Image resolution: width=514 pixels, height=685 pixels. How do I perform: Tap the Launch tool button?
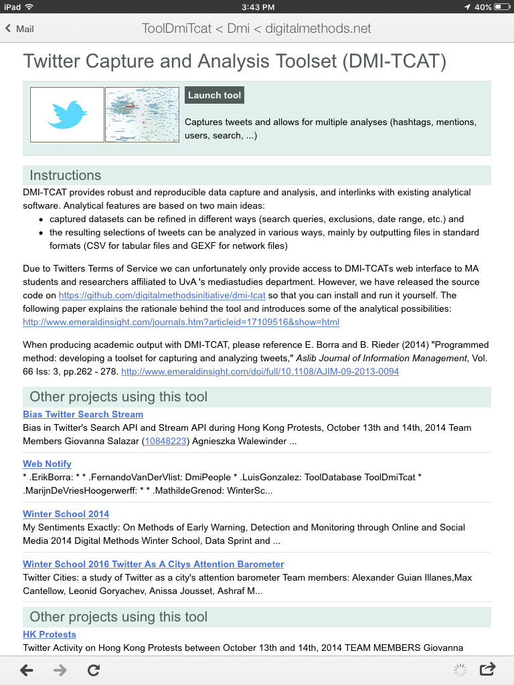coord(214,96)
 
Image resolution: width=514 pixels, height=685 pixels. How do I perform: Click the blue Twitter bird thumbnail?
coord(67,114)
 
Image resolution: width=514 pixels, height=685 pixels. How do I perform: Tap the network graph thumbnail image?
coord(142,114)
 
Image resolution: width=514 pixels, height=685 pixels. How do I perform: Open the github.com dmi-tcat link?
coord(162,295)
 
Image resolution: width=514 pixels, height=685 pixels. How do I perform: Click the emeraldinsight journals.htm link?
coord(181,322)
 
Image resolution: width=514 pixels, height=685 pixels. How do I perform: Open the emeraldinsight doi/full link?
coord(260,371)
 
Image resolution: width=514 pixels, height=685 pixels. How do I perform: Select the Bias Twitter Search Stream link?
coord(83,414)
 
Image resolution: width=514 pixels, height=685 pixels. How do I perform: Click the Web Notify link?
coord(47,464)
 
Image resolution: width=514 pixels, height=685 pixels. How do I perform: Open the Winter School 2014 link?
coord(66,514)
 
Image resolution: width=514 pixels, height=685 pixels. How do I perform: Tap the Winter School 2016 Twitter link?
coord(153,564)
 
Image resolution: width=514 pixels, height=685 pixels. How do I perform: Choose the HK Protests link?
coord(50,634)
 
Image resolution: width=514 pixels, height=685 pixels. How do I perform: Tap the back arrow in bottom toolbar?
coord(27,670)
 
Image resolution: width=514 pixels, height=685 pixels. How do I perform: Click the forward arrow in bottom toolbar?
coord(60,670)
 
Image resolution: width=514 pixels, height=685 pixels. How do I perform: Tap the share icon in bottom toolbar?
coord(488,669)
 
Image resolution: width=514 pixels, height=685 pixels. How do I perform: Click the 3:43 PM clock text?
coord(257,7)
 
